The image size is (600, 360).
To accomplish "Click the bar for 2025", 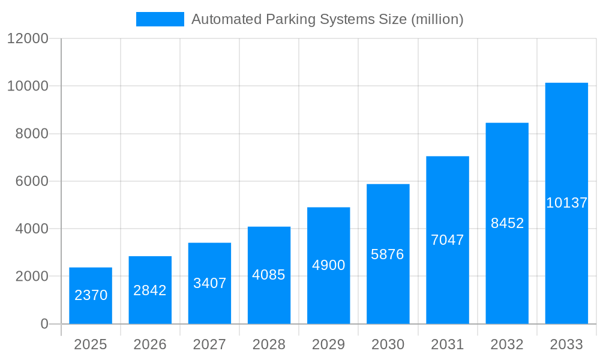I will (x=91, y=296).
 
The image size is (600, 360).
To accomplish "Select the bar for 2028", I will (x=269, y=275).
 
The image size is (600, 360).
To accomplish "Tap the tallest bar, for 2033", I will (x=566, y=203).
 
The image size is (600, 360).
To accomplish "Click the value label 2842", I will (x=150, y=290).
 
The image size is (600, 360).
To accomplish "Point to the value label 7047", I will (x=448, y=240).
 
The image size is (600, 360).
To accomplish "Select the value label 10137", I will (x=566, y=203).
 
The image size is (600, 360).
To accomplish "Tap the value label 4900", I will (x=329, y=265).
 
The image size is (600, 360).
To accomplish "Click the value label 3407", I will (x=209, y=283).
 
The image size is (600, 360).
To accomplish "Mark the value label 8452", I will (x=507, y=223).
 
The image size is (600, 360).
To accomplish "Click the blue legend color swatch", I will (x=160, y=19).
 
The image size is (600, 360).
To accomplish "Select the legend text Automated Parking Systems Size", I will (x=327, y=19).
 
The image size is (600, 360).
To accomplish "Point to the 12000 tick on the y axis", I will (x=27, y=38).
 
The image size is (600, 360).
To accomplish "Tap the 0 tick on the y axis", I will (x=44, y=324).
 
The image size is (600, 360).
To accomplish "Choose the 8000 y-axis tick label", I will (x=31, y=134).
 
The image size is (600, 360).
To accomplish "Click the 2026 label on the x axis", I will (x=150, y=344).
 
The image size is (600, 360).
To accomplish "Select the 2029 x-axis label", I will (x=329, y=344).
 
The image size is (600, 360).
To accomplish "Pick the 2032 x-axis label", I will (x=507, y=344).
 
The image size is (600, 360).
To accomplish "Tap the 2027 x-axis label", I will (x=209, y=344).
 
